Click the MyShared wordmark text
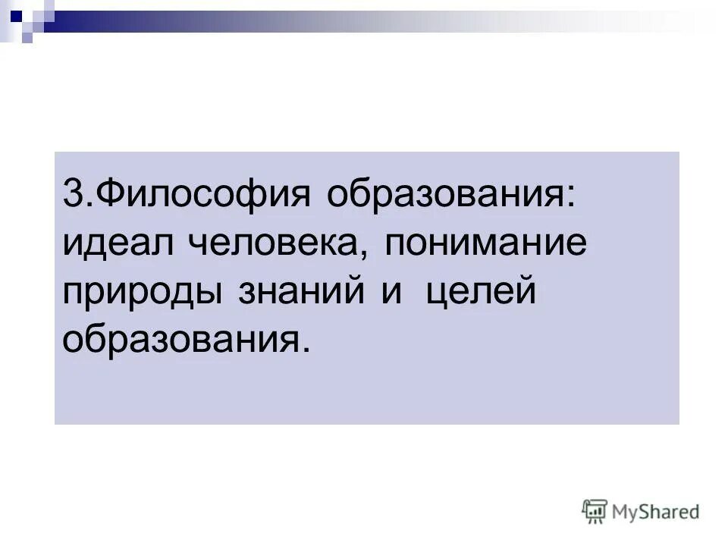tap(656, 512)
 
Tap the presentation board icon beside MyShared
tap(595, 511)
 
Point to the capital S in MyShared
tap(648, 511)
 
